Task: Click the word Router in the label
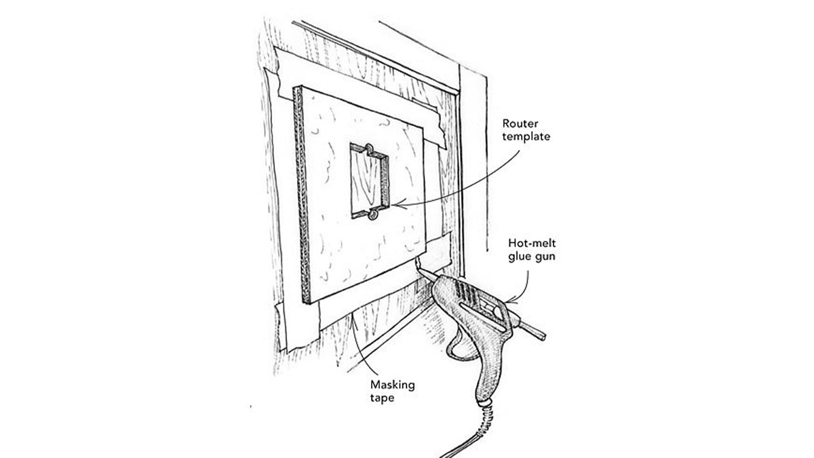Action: (519, 124)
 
